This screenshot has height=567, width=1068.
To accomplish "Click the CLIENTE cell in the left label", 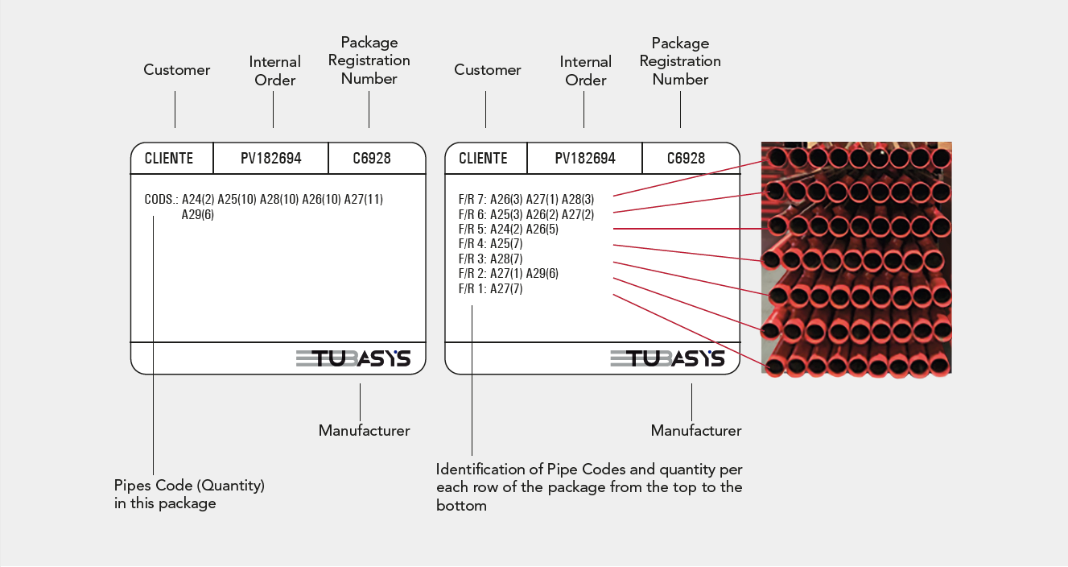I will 169,158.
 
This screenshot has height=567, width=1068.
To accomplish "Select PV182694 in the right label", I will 585,158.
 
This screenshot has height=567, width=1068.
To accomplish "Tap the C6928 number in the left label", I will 372,158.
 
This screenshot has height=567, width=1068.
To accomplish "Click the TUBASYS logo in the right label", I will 667,358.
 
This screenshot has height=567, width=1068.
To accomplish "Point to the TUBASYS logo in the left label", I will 353,358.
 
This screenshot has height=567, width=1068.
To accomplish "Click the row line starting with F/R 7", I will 526,199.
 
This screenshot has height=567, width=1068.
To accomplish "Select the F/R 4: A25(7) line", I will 491,244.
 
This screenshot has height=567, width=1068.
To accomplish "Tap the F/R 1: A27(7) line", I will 491,289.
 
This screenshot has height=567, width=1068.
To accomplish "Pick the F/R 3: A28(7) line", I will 491,259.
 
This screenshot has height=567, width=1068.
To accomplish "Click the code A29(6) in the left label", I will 198,215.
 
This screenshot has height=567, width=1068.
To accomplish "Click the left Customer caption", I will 177,70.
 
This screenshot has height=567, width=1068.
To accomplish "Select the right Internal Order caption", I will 586,71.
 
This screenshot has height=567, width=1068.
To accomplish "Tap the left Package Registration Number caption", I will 369,60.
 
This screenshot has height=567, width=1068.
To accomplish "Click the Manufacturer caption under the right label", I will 696,431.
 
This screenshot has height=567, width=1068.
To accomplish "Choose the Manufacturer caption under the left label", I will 365,431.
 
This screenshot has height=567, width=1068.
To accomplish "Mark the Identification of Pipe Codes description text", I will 589,487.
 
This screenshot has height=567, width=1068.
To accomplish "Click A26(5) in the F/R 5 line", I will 542,229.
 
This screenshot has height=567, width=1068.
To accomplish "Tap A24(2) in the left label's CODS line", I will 198,199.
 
